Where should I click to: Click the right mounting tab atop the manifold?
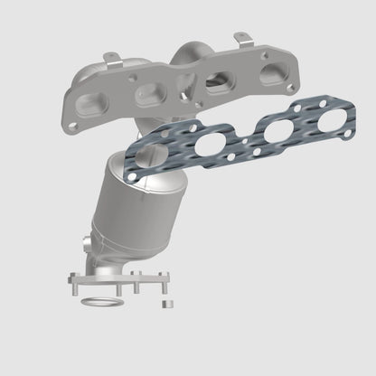click(240, 39)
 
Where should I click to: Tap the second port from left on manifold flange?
click(146, 93)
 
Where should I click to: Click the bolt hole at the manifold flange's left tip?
click(70, 117)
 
